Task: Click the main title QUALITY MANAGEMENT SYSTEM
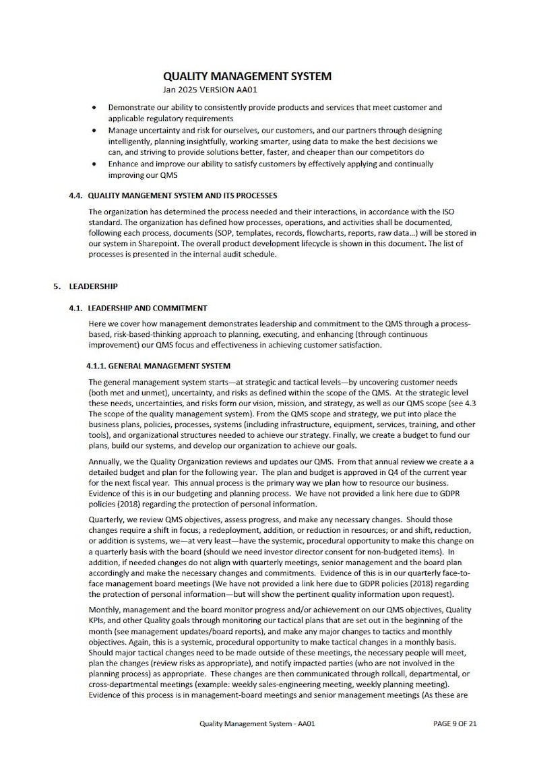(247, 77)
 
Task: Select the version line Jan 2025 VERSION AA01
(210, 90)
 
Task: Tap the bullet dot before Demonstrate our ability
(93, 108)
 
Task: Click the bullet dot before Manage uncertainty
(93, 131)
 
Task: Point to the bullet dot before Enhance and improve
(93, 164)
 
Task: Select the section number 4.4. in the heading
(76, 196)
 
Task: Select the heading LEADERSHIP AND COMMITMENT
(147, 308)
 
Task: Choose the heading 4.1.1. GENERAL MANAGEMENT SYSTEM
(158, 367)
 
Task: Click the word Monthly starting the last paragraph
(105, 609)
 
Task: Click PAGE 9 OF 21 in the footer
(455, 724)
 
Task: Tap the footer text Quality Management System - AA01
(257, 724)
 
